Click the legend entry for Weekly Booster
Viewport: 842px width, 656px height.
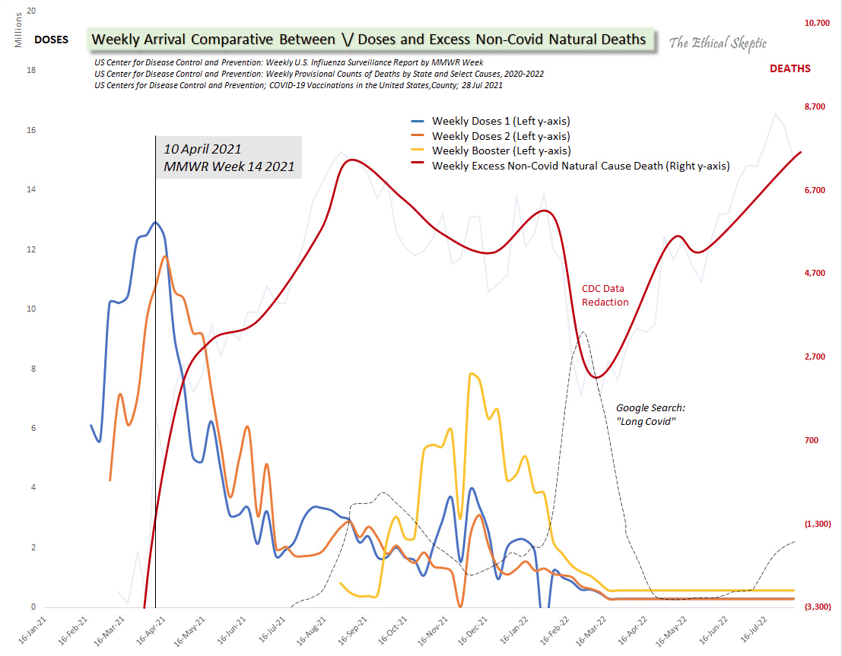pos(490,151)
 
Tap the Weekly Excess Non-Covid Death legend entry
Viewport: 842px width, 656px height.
pos(570,166)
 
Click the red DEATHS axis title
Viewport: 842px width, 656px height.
pos(790,68)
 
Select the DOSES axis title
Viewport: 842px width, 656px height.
pos(52,40)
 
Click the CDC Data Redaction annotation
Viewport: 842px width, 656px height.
pos(605,296)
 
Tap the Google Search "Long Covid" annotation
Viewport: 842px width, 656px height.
pos(651,414)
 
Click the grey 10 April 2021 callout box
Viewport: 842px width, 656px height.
pos(228,157)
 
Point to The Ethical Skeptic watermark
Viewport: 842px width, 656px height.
pos(717,43)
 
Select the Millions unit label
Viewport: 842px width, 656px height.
pos(19,30)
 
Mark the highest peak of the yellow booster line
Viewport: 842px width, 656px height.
pos(472,373)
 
